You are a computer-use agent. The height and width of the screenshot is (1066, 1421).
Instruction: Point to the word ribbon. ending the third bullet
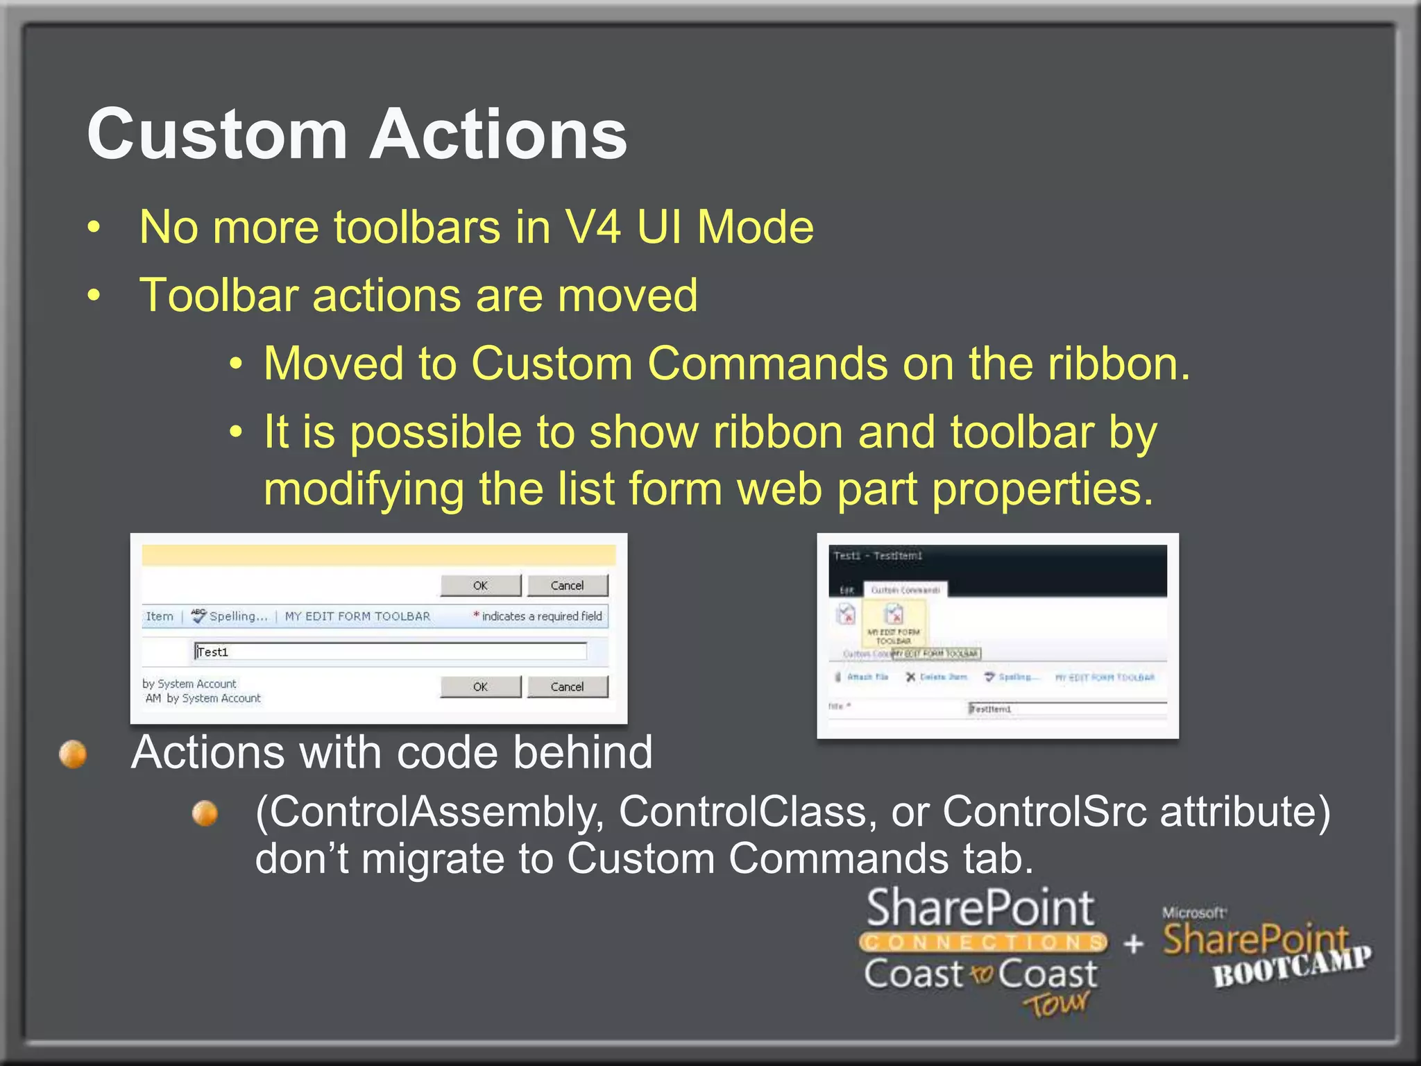coord(1118,364)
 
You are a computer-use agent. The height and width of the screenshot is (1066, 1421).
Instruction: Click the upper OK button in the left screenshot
coord(480,585)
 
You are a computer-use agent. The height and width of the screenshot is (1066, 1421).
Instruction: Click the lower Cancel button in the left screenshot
coord(567,686)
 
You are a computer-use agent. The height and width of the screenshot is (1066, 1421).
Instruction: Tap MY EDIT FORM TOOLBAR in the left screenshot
coord(357,616)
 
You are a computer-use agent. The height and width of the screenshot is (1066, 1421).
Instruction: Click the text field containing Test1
coord(390,651)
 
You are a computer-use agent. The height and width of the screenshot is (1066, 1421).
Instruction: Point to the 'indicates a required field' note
coord(541,616)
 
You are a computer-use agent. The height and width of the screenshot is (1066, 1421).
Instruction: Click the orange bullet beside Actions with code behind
coord(73,754)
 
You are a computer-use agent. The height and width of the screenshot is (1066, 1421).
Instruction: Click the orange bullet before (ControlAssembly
coord(205,813)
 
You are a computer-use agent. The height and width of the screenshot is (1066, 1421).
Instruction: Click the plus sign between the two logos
coord(1133,943)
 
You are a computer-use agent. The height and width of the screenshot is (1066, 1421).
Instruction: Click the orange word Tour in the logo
coord(1056,1004)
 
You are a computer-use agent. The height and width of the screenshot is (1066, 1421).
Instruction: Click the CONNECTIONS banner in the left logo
coord(983,942)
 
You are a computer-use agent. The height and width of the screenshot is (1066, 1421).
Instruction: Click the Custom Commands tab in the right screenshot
coord(905,590)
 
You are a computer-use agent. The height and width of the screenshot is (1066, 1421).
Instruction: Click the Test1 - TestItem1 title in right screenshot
coord(878,556)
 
